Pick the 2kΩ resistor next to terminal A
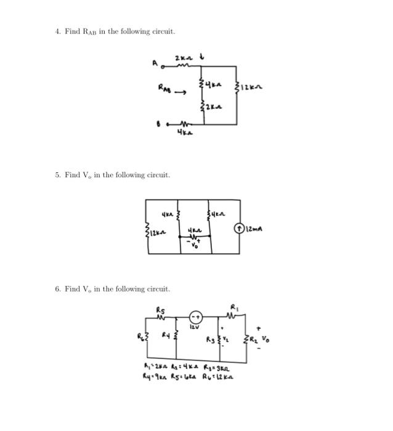(182, 64)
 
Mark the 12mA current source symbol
(238, 231)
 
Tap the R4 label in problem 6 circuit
(165, 335)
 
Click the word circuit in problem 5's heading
(158, 175)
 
